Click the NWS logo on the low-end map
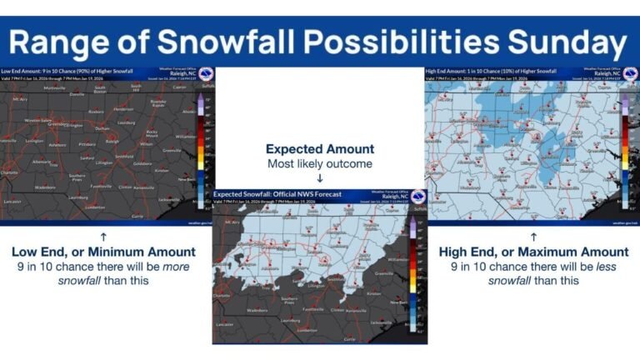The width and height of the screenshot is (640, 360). click(x=206, y=75)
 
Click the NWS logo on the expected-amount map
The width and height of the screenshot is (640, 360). click(x=418, y=197)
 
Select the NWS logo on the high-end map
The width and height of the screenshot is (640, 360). click(x=631, y=75)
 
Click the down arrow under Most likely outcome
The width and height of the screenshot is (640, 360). click(x=320, y=177)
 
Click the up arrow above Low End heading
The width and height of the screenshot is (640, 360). click(x=103, y=237)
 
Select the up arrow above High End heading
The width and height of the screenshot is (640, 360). click(x=533, y=237)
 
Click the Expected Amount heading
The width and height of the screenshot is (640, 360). click(x=320, y=149)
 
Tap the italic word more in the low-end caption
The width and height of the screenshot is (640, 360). click(x=175, y=267)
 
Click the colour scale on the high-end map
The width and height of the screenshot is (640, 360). click(x=627, y=150)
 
